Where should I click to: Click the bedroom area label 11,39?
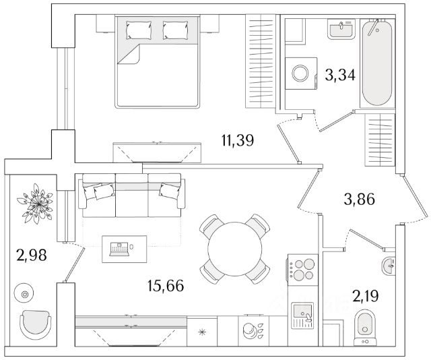click(x=237, y=141)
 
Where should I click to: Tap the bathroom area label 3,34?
click(x=341, y=75)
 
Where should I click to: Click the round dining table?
click(x=234, y=247)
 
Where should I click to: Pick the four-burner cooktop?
click(x=302, y=269)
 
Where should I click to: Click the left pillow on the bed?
click(x=140, y=29)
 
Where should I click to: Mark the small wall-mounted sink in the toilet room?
click(x=389, y=266)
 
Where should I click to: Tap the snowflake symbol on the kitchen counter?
click(x=203, y=333)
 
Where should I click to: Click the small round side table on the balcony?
click(x=26, y=294)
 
